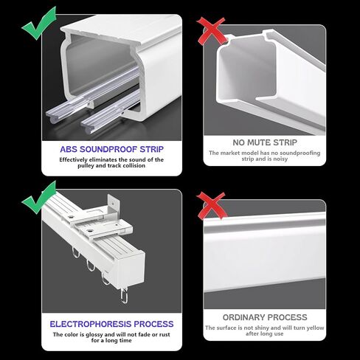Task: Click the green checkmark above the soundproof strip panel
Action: (39, 24)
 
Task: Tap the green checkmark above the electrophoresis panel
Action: (39, 198)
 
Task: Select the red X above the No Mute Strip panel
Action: (212, 31)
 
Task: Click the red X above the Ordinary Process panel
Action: (212, 206)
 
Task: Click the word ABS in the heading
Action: (69, 149)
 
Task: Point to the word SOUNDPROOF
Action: (108, 149)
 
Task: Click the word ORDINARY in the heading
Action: (243, 317)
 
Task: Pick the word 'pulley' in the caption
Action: (86, 166)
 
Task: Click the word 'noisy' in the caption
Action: (280, 159)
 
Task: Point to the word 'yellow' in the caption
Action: (316, 328)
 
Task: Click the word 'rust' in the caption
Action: (165, 334)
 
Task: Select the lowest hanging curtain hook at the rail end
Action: (125, 295)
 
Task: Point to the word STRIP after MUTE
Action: (285, 142)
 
